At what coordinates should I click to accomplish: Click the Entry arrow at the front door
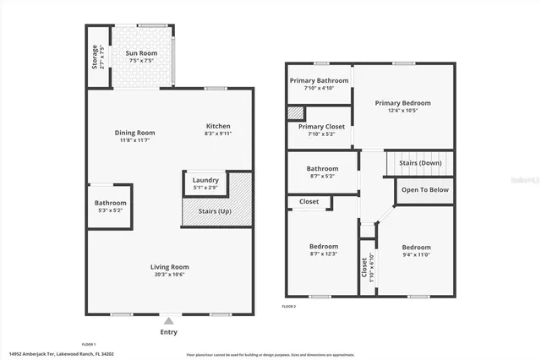coord(168,320)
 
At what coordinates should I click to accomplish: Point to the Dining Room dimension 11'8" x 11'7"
coord(135,141)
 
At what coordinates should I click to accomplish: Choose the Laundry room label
coord(205,180)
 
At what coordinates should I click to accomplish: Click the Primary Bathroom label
coord(314,81)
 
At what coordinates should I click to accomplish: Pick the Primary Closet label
coord(318,127)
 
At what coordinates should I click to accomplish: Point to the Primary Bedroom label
coord(403,103)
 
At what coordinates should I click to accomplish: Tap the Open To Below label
coord(424,190)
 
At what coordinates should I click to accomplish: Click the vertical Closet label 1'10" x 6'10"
coord(365,269)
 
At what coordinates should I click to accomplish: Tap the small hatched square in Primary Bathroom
coord(294,112)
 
